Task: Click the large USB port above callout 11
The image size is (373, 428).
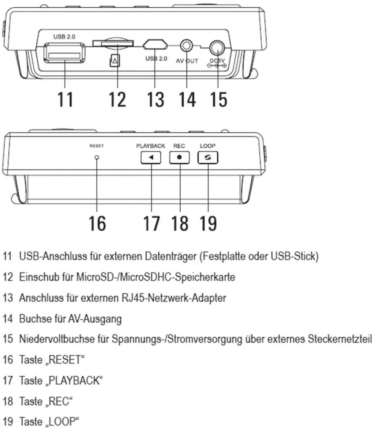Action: click(x=64, y=53)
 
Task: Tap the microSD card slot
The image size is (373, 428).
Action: click(x=113, y=43)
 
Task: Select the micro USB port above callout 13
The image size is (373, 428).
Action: click(x=155, y=44)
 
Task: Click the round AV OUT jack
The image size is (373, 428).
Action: click(x=187, y=45)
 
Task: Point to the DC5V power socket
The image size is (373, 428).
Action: click(x=218, y=47)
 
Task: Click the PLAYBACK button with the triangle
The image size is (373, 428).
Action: click(x=151, y=158)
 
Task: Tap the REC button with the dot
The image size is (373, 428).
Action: click(x=179, y=158)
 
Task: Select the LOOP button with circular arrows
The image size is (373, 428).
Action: click(x=208, y=158)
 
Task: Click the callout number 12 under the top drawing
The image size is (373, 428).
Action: click(x=117, y=99)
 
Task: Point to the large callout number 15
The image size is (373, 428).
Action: click(x=218, y=99)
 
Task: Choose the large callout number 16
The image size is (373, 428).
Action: click(x=97, y=223)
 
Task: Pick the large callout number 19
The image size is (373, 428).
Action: click(x=208, y=223)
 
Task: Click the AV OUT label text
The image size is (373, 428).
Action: click(x=187, y=61)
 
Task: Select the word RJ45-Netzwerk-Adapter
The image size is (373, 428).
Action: click(x=174, y=298)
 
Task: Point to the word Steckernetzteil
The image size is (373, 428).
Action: click(x=340, y=339)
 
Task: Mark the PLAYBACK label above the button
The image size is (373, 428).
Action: click(x=151, y=146)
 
